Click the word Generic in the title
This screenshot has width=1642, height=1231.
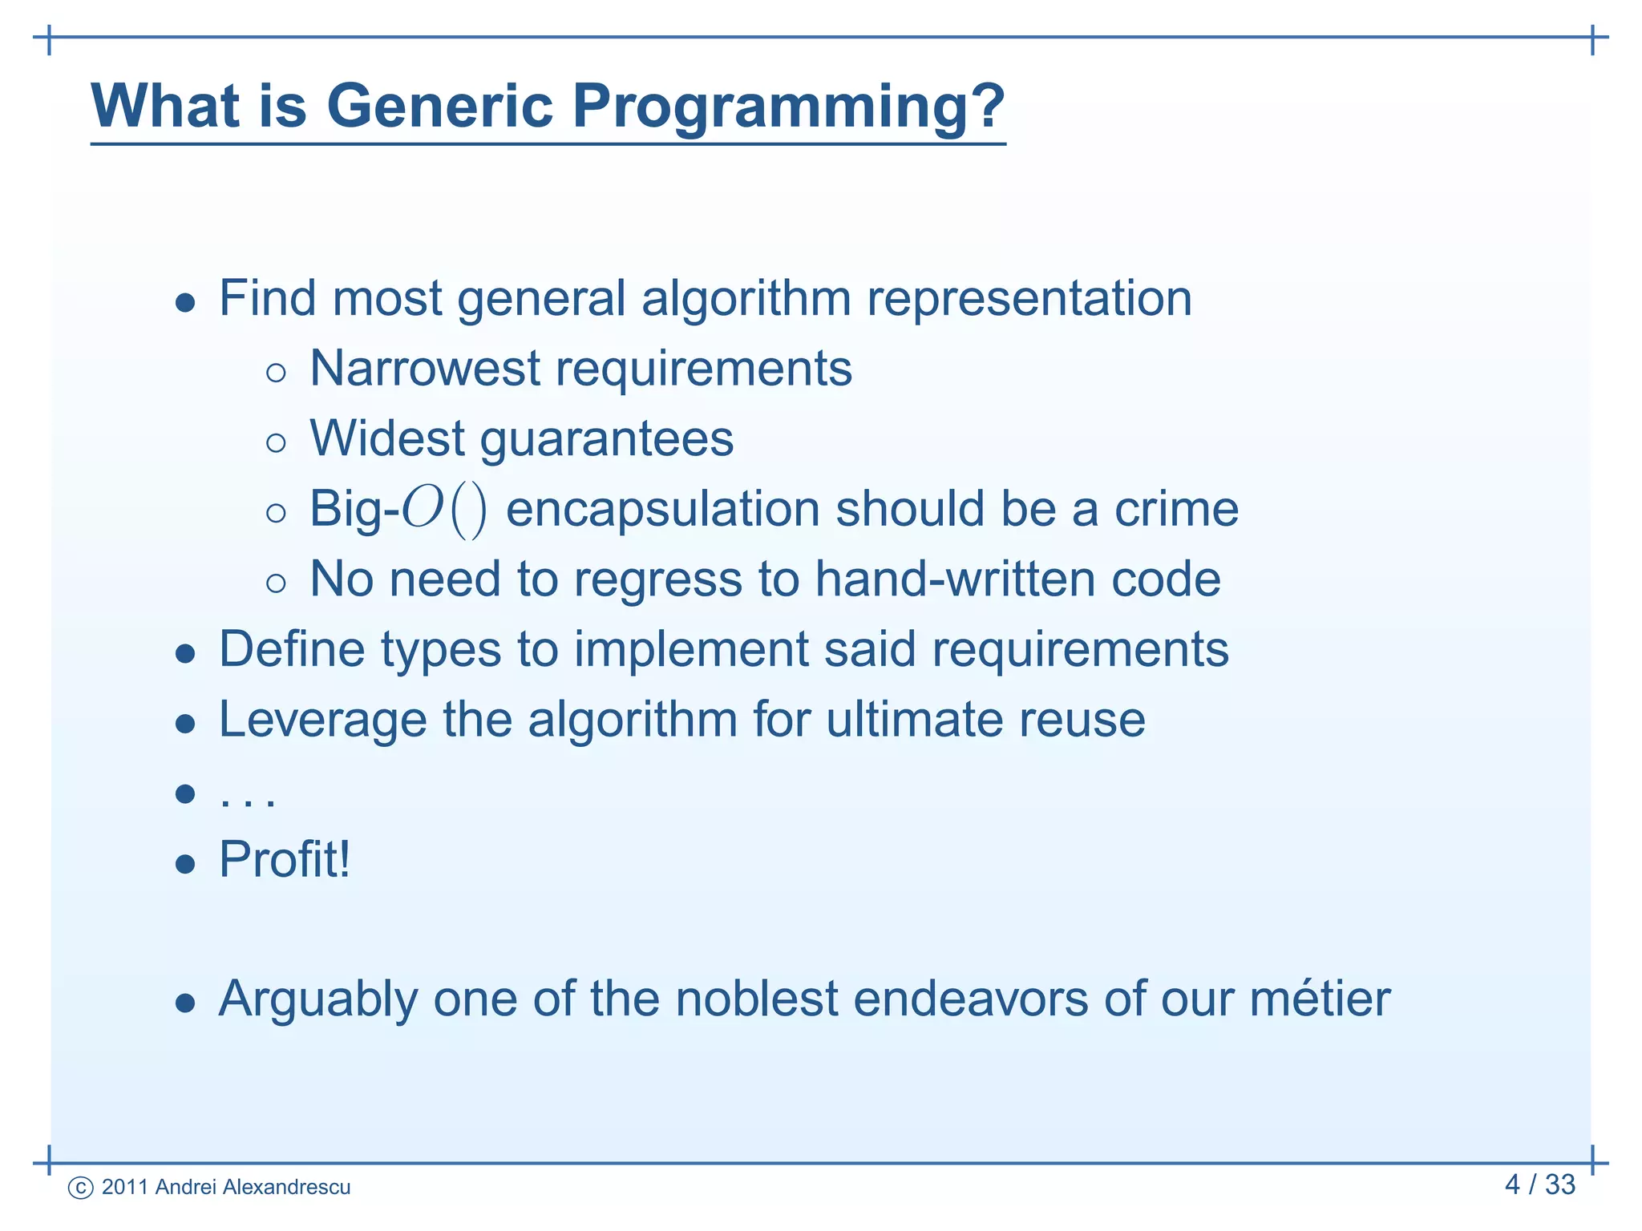(x=439, y=106)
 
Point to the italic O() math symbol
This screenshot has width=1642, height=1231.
(x=443, y=510)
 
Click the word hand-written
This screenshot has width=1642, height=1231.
(x=955, y=579)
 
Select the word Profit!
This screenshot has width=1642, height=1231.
(x=285, y=860)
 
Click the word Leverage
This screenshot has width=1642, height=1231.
(x=322, y=720)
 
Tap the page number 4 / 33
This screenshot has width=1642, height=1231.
(x=1539, y=1185)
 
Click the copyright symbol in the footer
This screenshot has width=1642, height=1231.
(x=81, y=1188)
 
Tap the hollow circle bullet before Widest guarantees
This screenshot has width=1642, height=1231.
(x=276, y=443)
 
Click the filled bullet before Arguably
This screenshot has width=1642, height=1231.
(x=185, y=1003)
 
